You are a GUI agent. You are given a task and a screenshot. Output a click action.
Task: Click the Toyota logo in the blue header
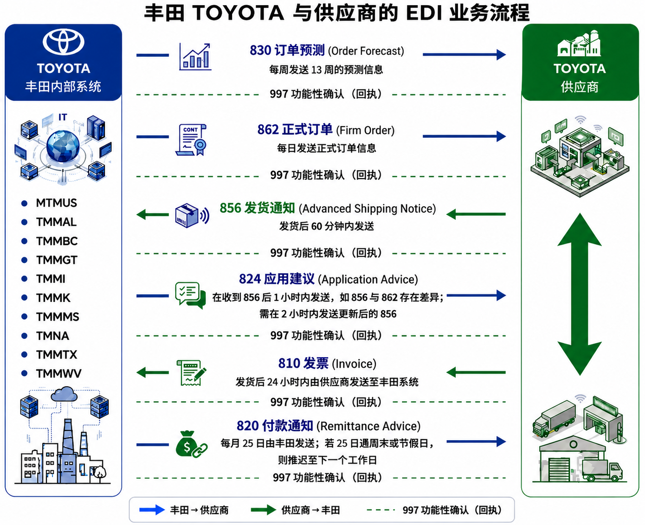[63, 42]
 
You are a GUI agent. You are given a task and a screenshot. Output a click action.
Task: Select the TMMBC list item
[57, 241]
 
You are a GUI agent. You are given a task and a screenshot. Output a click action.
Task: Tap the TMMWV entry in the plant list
[58, 373]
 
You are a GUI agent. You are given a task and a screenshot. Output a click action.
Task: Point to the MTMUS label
[56, 203]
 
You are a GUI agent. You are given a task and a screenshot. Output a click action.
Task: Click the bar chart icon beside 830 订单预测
[195, 57]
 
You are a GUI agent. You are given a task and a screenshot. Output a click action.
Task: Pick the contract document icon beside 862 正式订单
[191, 140]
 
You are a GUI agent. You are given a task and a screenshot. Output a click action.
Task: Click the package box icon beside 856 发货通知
[192, 216]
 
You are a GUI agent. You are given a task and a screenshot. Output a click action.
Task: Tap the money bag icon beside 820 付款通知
[191, 444]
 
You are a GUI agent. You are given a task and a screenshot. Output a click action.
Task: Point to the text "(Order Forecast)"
[366, 51]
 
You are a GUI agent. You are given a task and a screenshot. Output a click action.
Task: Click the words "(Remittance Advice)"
[368, 426]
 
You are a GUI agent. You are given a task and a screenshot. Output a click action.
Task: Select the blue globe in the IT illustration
[63, 146]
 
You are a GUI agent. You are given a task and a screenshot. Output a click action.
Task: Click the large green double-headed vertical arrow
[580, 294]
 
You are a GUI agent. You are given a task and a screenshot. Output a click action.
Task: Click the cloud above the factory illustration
[64, 394]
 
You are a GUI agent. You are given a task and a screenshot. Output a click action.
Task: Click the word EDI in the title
[424, 13]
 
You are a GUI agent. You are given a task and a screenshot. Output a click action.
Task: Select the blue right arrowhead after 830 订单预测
[502, 55]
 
